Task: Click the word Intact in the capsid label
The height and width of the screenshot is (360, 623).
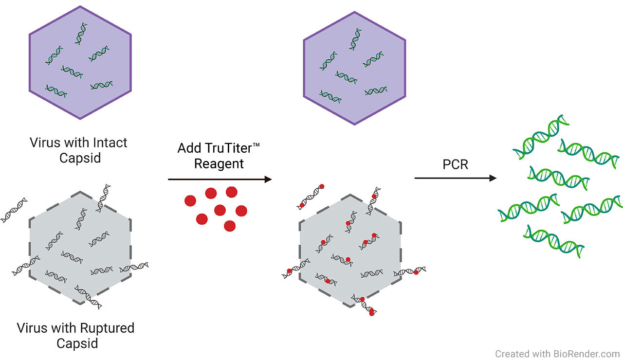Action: tap(108, 143)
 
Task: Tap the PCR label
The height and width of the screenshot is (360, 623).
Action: tap(455, 164)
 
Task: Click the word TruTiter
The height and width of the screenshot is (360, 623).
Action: tap(225, 148)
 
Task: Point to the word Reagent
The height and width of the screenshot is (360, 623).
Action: tap(219, 163)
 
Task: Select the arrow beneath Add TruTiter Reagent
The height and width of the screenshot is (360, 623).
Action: tap(219, 180)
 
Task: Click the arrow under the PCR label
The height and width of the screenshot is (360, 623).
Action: tap(455, 179)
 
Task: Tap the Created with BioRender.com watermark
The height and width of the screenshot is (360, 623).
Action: tap(557, 354)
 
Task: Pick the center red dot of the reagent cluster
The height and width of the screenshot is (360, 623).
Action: tap(220, 210)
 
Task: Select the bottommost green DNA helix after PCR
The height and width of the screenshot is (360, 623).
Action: tap(554, 240)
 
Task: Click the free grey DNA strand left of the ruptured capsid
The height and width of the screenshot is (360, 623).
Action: tap(14, 210)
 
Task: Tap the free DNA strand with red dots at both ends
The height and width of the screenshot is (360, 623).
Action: tap(310, 197)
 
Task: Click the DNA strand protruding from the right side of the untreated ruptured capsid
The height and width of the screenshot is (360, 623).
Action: tap(134, 267)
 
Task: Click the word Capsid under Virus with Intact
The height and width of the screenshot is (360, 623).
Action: tap(80, 158)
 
